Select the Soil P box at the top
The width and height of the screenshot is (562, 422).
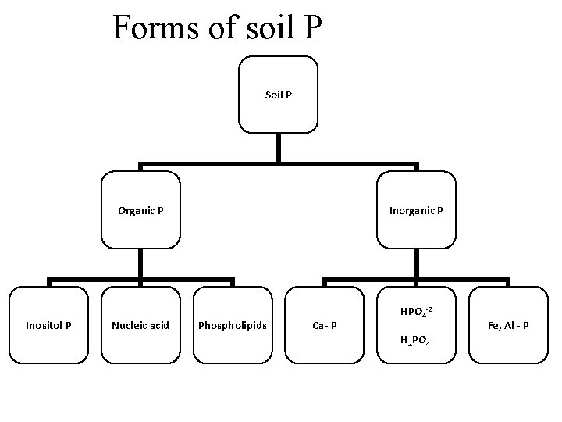click(279, 94)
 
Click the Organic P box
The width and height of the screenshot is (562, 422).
click(140, 210)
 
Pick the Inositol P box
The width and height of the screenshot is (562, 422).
click(48, 324)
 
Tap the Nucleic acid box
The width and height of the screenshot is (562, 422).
click(140, 324)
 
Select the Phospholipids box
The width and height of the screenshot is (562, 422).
click(233, 324)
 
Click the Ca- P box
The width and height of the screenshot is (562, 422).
click(325, 324)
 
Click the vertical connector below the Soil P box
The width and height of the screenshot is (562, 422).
click(279, 148)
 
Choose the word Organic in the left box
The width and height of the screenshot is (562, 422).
click(135, 210)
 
